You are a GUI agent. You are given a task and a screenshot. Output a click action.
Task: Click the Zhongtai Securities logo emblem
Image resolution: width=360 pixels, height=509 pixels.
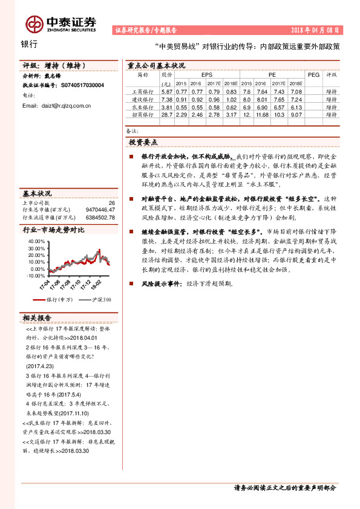point(34,23)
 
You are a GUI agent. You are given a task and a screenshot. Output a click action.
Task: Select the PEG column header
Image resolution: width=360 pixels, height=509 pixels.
point(313,74)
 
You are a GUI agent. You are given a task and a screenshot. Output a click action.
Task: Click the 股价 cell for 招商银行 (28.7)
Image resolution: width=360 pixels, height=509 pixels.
point(167,114)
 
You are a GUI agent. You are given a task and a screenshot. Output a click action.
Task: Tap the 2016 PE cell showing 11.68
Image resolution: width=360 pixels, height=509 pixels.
point(262,114)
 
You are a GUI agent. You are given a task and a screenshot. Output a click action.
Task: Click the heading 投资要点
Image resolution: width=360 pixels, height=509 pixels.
point(143,143)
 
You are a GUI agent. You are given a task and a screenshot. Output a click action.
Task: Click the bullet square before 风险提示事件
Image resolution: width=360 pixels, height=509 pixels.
point(131,283)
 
